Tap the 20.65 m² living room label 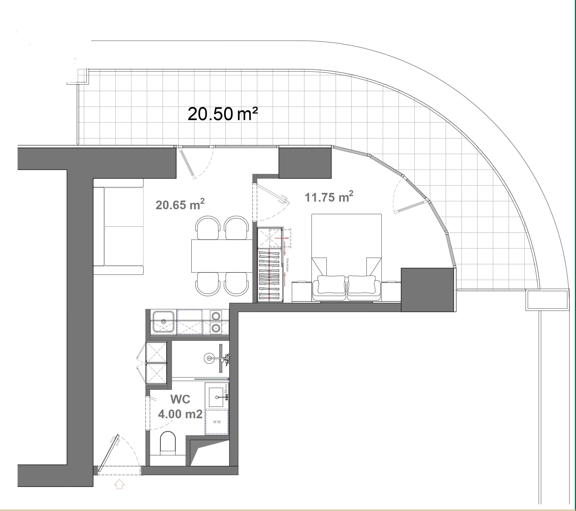180,205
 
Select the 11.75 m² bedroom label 329,197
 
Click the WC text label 180,399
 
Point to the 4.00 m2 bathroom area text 180,414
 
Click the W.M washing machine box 217,422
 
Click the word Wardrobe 287,265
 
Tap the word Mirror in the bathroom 226,388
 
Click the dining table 222,256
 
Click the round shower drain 209,358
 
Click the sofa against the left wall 118,227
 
